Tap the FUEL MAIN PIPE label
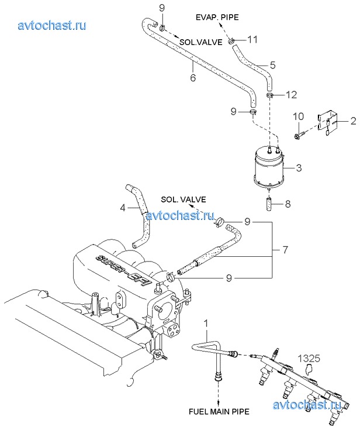point(219,412)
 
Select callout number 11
point(252,40)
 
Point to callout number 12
point(292,95)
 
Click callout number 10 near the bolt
point(299,116)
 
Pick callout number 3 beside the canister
point(299,167)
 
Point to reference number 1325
point(309,358)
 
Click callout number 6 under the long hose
point(193,78)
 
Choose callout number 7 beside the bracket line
point(285,250)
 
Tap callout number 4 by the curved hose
point(123,208)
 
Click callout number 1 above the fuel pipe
point(206,324)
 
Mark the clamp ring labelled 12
point(270,95)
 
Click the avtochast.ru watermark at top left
point(52,26)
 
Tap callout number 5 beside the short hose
point(272,66)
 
